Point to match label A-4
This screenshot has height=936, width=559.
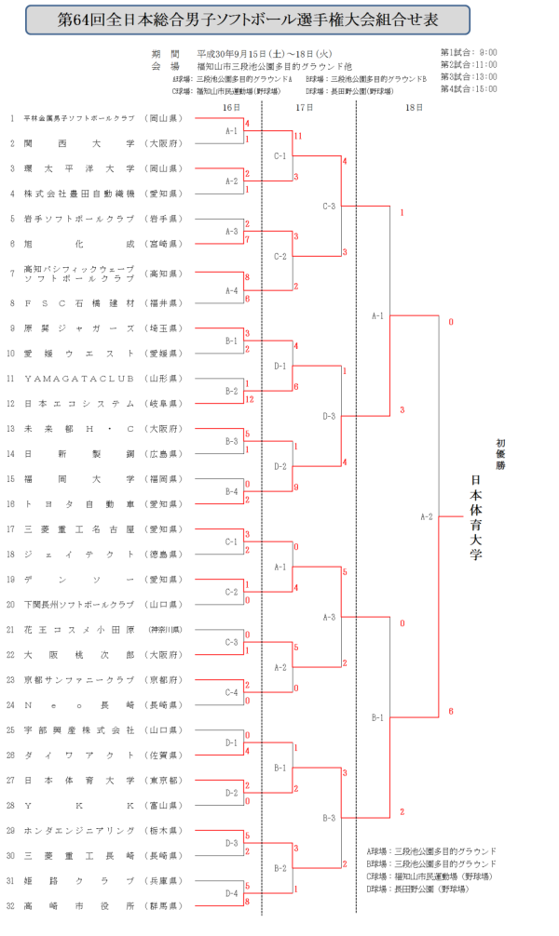coord(232,290)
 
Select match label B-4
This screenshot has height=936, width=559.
coord(232,491)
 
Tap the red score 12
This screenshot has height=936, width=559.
coord(252,399)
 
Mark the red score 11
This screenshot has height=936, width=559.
coord(297,137)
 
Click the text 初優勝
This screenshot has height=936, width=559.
coord(500,452)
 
